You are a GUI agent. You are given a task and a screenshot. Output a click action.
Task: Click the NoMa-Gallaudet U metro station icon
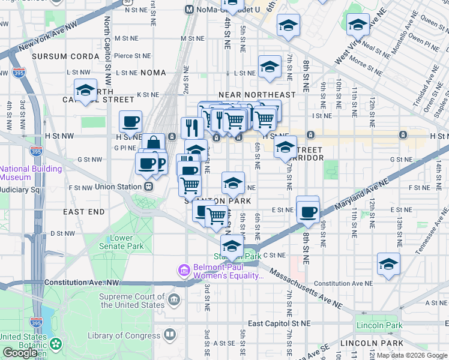[x=189, y=10]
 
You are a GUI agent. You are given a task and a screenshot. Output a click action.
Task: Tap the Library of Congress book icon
[x=170, y=334]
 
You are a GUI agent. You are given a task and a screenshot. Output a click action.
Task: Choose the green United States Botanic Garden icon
[x=56, y=344]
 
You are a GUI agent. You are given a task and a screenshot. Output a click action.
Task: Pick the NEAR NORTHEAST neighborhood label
[x=257, y=95]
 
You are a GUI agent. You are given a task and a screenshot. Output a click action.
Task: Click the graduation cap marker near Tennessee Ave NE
[x=388, y=263]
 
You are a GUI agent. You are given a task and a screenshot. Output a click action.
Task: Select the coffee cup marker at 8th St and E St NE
[x=308, y=211]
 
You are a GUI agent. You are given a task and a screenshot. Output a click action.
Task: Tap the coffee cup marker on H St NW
[x=130, y=122]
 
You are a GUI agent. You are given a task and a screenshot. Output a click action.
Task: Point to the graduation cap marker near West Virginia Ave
[x=358, y=25]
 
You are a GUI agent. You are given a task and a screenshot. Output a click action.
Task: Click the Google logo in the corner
[x=20, y=353]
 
